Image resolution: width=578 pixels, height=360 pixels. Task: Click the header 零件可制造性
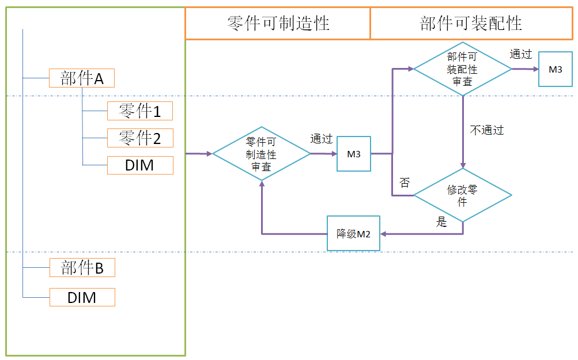point(277,24)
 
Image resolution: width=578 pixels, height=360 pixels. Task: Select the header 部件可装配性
point(471,24)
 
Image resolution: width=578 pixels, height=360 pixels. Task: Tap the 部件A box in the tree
point(82,78)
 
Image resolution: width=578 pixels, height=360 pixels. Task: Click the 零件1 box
point(139,111)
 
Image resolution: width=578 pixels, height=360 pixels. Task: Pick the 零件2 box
point(139,138)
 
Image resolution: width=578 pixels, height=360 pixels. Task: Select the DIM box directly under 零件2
point(139,165)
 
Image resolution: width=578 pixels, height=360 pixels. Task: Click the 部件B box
point(82,267)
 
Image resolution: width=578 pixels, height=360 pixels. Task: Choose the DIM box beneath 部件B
point(82,297)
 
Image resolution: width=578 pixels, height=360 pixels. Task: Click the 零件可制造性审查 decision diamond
point(261,154)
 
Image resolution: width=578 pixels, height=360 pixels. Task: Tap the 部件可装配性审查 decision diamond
point(462,69)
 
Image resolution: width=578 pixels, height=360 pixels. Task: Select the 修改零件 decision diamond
point(462,195)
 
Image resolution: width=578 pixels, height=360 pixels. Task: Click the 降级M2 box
point(353,233)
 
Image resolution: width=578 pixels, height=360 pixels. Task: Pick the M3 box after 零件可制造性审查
point(353,154)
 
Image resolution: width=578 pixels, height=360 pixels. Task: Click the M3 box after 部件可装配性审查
point(555,69)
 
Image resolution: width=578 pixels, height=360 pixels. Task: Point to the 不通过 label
point(487,130)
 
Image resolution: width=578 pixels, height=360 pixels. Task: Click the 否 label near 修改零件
point(405,183)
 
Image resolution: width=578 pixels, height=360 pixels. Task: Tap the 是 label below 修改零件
point(441,222)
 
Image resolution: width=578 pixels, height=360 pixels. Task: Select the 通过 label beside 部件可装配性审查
point(520,54)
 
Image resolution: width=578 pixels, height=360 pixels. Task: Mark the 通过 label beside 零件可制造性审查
point(322,139)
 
